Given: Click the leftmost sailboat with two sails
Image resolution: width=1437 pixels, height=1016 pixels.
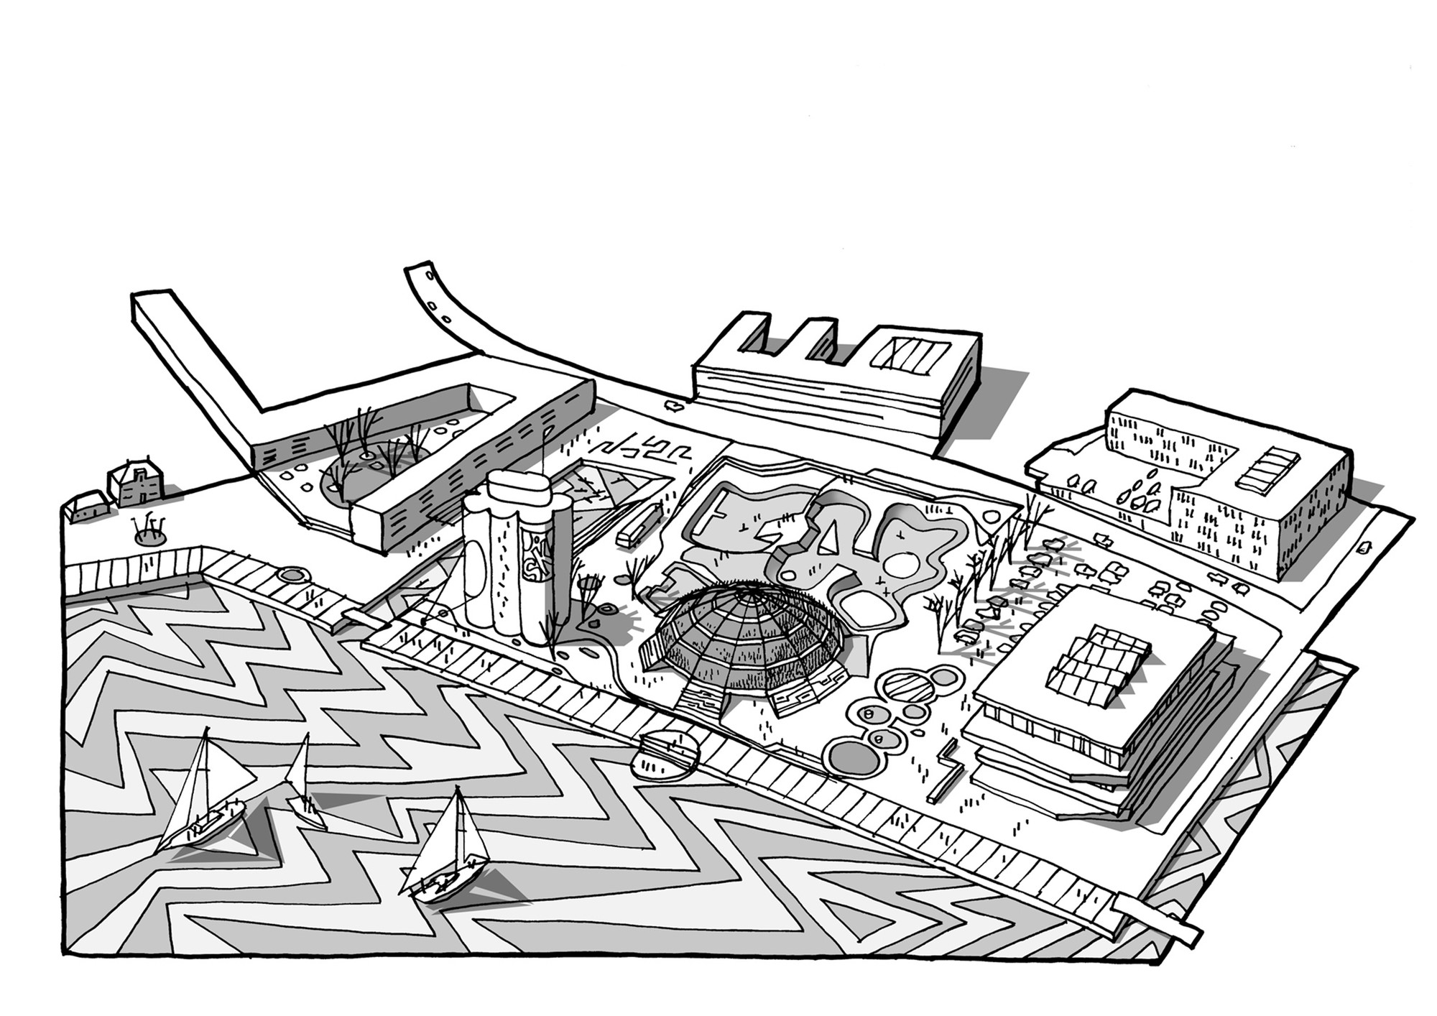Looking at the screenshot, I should [x=205, y=798].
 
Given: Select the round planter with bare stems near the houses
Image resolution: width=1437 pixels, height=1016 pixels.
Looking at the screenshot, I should [x=151, y=535].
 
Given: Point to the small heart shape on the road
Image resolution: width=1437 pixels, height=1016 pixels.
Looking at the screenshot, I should [x=675, y=406].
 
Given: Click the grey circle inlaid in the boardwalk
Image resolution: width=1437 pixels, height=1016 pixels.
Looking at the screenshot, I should [x=290, y=575].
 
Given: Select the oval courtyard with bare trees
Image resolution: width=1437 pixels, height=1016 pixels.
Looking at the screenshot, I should [x=374, y=471].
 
